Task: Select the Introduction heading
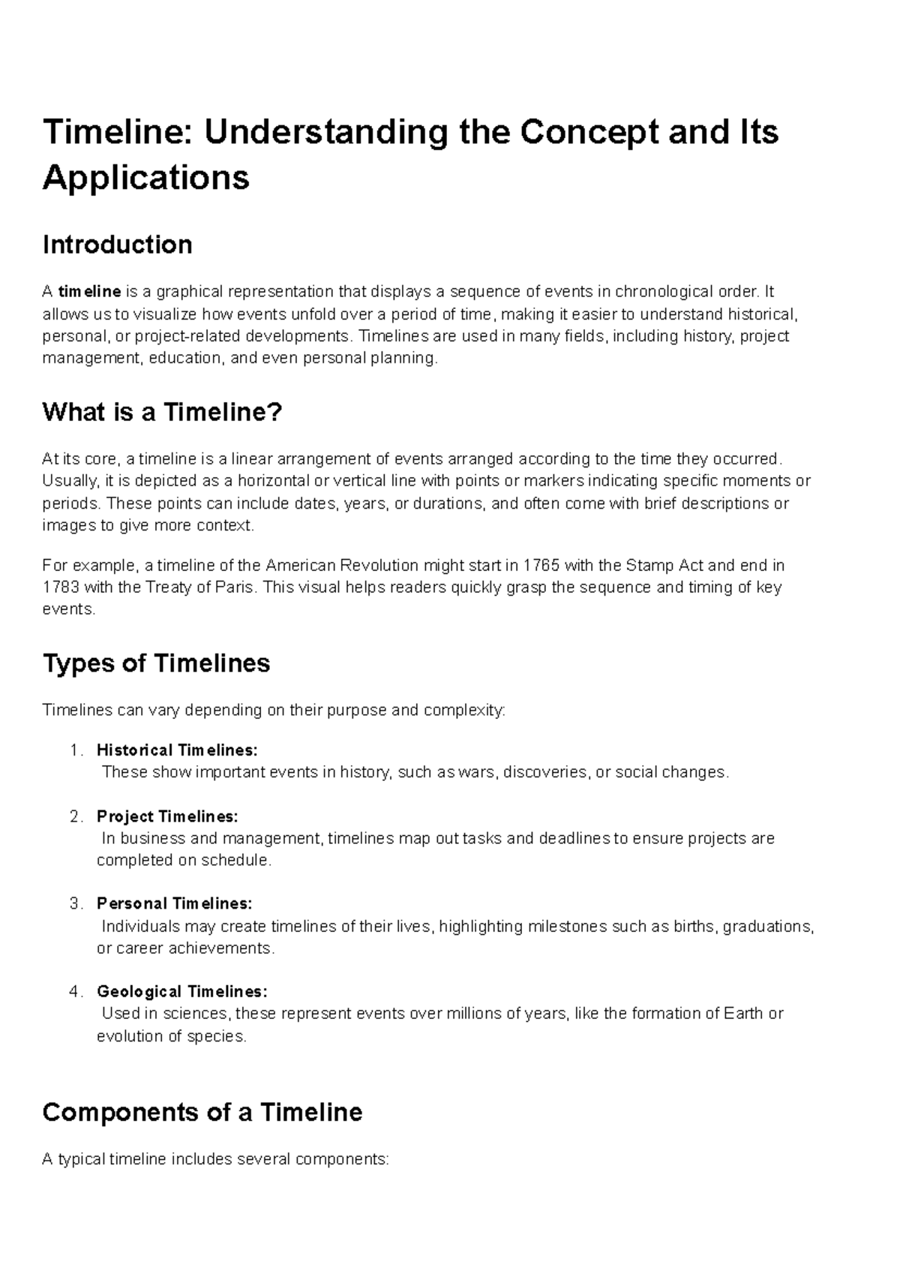tap(118, 245)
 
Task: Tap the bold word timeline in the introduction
tap(90, 291)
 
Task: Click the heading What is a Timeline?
tap(162, 412)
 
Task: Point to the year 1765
tap(541, 565)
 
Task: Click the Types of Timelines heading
tap(156, 663)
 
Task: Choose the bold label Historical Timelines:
tap(177, 750)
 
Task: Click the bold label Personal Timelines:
tap(175, 903)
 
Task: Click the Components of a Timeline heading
tap(202, 1112)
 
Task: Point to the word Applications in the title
tap(146, 178)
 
